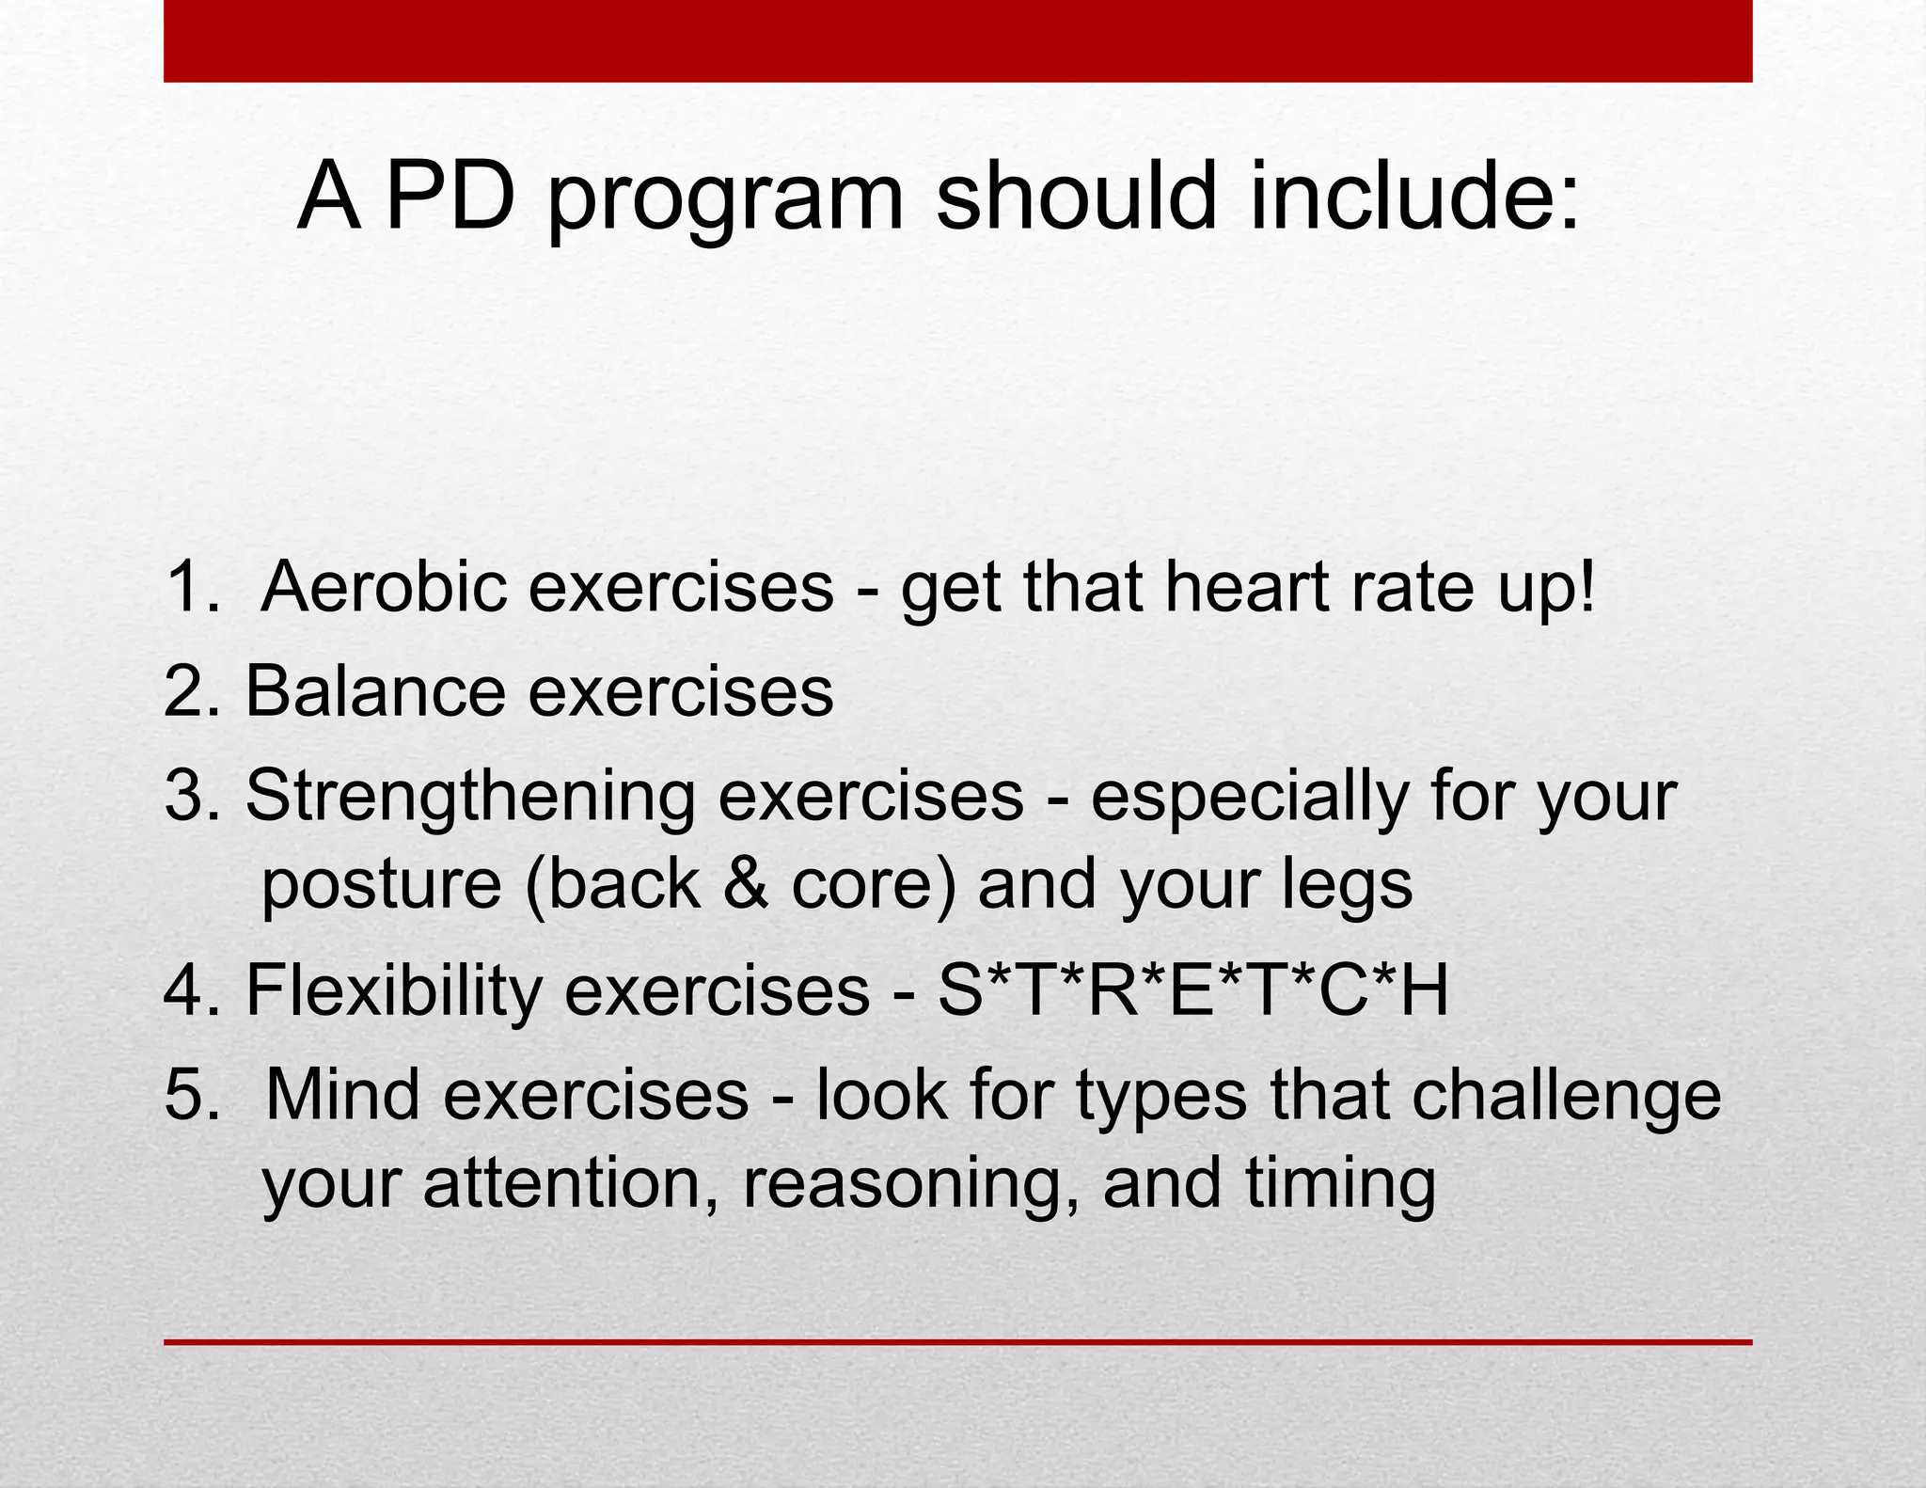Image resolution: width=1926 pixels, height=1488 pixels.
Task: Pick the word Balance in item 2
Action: (x=375, y=691)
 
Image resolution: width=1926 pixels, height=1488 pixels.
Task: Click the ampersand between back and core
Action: (x=746, y=885)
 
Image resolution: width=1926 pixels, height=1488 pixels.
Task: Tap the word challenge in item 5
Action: (x=1566, y=1097)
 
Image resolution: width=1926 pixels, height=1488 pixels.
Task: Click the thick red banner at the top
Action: (x=957, y=41)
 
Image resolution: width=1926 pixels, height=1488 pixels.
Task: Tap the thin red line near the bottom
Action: (x=957, y=1342)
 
